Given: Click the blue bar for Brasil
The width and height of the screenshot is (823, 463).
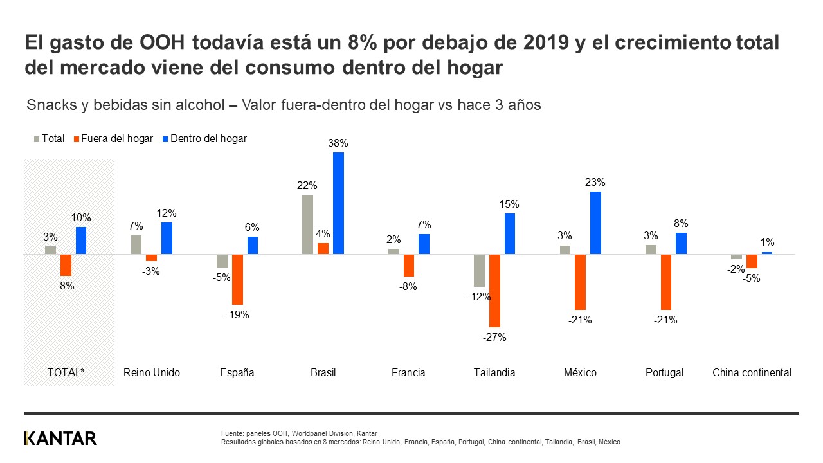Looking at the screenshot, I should [x=338, y=203].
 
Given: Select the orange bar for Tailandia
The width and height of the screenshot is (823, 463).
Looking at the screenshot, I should [x=494, y=291].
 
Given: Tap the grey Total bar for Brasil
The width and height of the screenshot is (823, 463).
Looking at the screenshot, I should [x=307, y=224].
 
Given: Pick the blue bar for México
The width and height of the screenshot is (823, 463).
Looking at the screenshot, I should [x=595, y=222].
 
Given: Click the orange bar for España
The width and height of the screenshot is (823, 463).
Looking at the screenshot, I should [x=237, y=279].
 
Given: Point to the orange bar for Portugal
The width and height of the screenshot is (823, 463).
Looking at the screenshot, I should [x=665, y=282].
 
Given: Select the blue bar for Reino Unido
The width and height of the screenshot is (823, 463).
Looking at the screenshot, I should [x=167, y=238].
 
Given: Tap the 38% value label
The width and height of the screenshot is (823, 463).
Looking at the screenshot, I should [x=338, y=143].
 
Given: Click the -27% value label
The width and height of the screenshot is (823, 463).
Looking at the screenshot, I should [x=494, y=337].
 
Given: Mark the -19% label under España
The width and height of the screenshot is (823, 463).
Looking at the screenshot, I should [x=237, y=314].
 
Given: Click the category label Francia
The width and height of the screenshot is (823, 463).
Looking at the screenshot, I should [x=408, y=372].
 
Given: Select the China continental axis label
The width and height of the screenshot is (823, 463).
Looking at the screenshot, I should [x=752, y=372].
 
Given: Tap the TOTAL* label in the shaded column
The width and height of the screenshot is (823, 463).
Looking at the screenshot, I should [x=66, y=372].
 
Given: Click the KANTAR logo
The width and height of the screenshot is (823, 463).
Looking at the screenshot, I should [x=60, y=439].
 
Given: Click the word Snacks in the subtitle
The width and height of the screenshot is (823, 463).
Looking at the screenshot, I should [x=50, y=105].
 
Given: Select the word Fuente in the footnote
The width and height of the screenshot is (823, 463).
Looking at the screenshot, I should [x=232, y=433].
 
